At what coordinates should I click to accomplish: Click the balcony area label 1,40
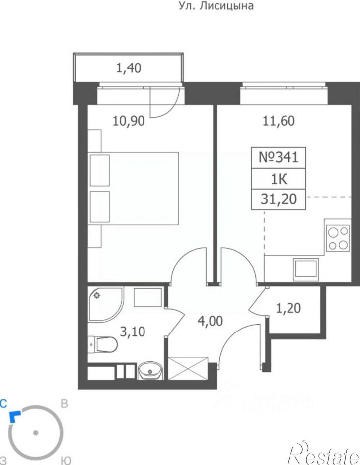129,68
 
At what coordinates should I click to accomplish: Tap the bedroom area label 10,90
129,121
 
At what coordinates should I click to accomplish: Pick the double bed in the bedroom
134,189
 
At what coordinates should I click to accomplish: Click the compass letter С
3,403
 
